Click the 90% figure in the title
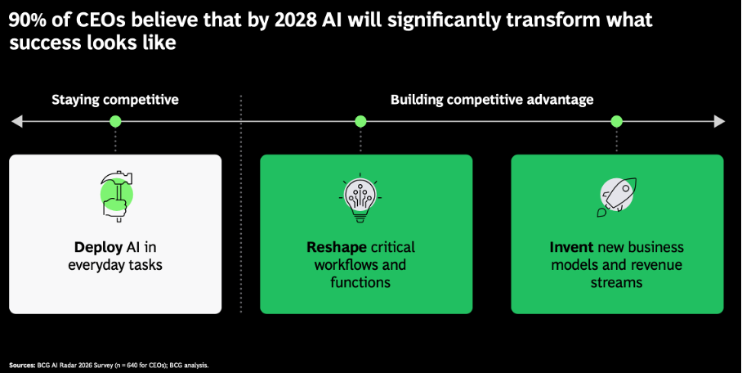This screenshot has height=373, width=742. tap(28, 20)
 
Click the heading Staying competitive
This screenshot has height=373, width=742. tap(115, 100)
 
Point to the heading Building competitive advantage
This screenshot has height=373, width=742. tap(492, 100)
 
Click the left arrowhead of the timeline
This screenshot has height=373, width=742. tap(17, 122)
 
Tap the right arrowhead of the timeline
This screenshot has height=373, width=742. tap(719, 122)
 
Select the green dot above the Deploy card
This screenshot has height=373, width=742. tap(115, 122)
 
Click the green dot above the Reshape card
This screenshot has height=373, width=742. tap(360, 122)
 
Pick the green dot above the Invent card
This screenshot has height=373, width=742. tap(617, 122)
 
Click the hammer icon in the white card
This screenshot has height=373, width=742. tap(116, 196)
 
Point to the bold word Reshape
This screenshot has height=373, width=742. tap(337, 247)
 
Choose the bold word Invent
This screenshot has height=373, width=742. tap(571, 247)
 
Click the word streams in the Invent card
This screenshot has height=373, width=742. tap(616, 283)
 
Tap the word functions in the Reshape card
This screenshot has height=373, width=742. tap(360, 283)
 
